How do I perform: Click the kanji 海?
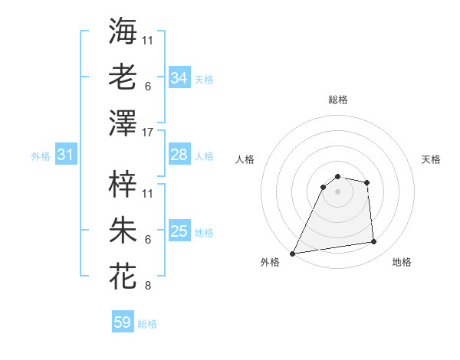(123, 31)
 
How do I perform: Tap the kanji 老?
(123, 77)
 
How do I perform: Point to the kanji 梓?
(123, 184)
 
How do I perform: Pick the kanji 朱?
(123, 230)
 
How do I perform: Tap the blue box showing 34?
(179, 78)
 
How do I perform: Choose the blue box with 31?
(66, 155)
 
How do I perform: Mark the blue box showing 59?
(123, 323)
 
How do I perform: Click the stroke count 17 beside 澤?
(149, 133)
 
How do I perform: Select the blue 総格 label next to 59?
(147, 324)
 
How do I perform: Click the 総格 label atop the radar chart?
(337, 100)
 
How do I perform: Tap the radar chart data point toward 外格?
(293, 254)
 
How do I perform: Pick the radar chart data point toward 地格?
(374, 242)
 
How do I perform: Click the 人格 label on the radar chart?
(246, 159)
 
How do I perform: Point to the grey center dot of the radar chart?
(337, 191)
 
